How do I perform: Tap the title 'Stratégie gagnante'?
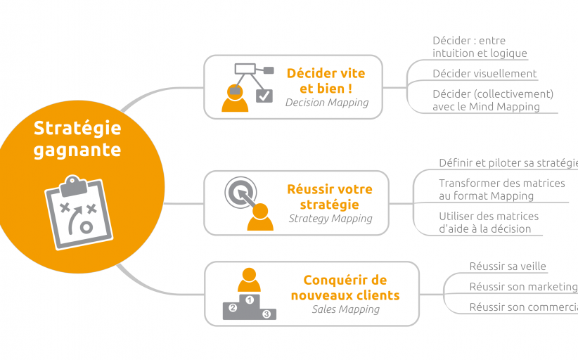(x=77, y=139)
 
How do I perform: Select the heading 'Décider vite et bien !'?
(x=326, y=81)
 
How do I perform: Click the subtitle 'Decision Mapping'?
(x=326, y=103)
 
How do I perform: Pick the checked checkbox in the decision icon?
(x=264, y=95)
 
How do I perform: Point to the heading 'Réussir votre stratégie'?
(x=329, y=197)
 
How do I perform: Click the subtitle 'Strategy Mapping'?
(x=330, y=219)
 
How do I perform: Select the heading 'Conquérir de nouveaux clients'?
(x=345, y=288)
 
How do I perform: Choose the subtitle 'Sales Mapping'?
(x=345, y=309)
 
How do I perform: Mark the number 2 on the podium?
(x=233, y=308)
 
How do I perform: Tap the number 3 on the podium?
(x=266, y=314)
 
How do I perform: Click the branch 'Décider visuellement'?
(x=484, y=73)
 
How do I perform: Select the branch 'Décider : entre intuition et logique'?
(x=479, y=47)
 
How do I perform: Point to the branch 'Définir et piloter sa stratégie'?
(x=507, y=163)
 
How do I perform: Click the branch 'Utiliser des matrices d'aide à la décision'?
(x=488, y=222)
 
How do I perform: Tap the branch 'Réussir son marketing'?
(x=522, y=287)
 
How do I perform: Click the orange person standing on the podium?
(x=249, y=280)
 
